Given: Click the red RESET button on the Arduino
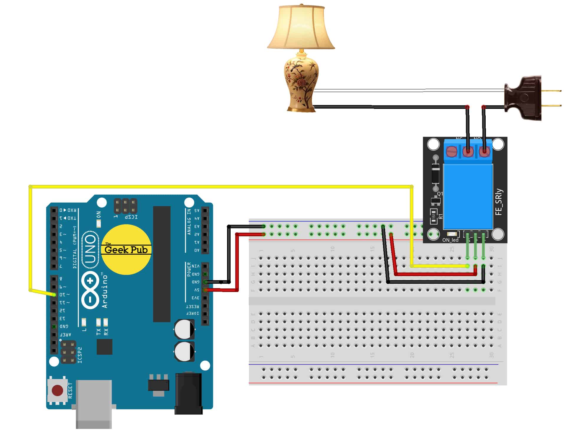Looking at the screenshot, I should pyautogui.click(x=57, y=390).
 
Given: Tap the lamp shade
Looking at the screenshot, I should pyautogui.click(x=301, y=28).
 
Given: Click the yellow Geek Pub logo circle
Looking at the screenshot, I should pyautogui.click(x=126, y=250).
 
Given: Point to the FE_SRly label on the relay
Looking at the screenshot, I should pyautogui.click(x=498, y=202).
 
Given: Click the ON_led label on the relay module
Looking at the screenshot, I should pyautogui.click(x=450, y=240).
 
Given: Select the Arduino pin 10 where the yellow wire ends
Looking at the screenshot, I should pyautogui.click(x=54, y=295).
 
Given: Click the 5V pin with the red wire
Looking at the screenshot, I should pyautogui.click(x=205, y=290).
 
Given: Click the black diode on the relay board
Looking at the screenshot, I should pyautogui.click(x=435, y=174).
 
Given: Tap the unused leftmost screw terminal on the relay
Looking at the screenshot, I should pyautogui.click(x=451, y=152).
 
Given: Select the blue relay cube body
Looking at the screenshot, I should pyautogui.click(x=468, y=196).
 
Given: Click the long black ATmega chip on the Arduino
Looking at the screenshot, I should pyautogui.click(x=162, y=264).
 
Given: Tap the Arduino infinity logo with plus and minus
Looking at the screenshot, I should pyautogui.click(x=91, y=291).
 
